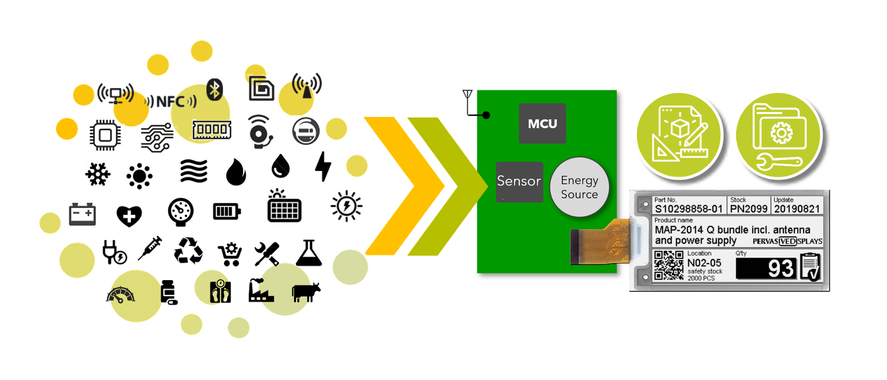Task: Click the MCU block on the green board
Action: coord(542,124)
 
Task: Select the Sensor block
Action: coord(519,181)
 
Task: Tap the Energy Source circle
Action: coord(579,187)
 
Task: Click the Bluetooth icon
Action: coord(215,89)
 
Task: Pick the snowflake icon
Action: coord(98,174)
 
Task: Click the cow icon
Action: coord(306,292)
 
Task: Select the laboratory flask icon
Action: coord(309,253)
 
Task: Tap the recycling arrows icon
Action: coord(188,251)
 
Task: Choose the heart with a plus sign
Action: coord(129,216)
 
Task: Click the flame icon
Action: coord(236,172)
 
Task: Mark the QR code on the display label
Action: coord(669,265)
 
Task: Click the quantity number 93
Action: coord(781,269)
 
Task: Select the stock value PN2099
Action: coord(748,209)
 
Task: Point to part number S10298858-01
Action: coord(689,209)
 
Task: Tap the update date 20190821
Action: coord(797,209)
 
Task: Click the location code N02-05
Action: coord(704,263)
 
